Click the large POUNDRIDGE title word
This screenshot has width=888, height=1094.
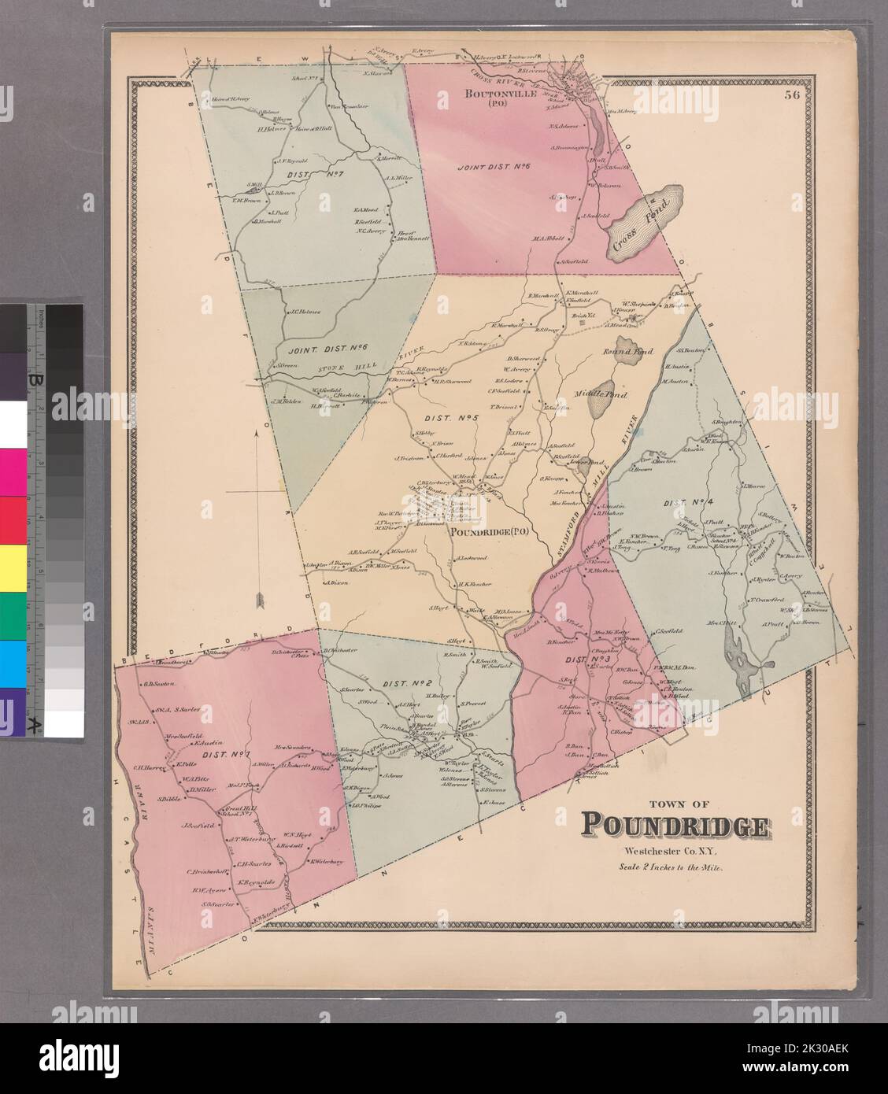[x=675, y=826]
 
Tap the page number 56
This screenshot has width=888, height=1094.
[x=791, y=96]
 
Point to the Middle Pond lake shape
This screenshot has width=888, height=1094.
[x=601, y=394]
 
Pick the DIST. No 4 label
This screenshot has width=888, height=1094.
[x=690, y=502]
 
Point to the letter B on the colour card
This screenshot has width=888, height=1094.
[x=35, y=380]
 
